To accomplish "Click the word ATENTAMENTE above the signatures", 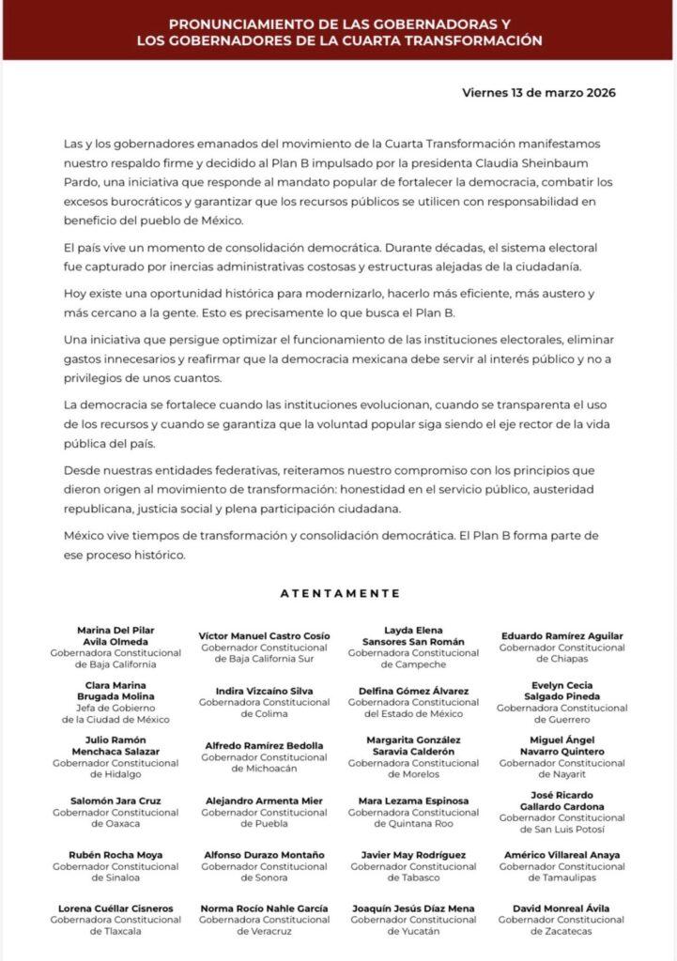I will click(340, 593).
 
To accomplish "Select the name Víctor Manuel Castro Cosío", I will click(265, 635).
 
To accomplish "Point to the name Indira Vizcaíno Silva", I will click(265, 691).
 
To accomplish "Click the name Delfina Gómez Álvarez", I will click(413, 691).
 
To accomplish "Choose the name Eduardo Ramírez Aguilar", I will click(562, 635).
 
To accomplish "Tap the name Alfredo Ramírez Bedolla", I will click(265, 745).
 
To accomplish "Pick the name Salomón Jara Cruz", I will click(115, 801).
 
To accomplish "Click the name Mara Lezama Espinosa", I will click(413, 801).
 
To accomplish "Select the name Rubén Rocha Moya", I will click(115, 855).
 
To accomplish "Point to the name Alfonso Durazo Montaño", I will click(265, 855).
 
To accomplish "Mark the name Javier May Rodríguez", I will click(413, 855).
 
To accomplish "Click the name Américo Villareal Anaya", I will click(562, 855).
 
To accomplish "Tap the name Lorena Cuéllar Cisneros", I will click(115, 908).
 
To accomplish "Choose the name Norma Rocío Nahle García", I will click(265, 908).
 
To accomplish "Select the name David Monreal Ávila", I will click(562, 908).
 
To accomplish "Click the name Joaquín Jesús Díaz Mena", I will click(413, 908).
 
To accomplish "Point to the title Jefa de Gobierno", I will click(115, 708).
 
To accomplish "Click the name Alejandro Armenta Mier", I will click(265, 801).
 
